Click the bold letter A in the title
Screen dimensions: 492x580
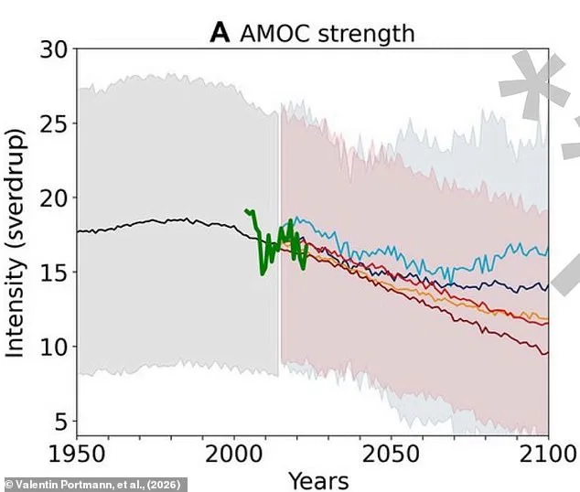[220, 34]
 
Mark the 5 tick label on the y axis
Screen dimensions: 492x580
[60, 422]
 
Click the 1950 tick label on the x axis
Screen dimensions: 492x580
[77, 455]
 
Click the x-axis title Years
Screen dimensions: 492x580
[317, 479]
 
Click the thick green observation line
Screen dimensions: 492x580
[263, 261]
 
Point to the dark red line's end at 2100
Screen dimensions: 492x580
[546, 353]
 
